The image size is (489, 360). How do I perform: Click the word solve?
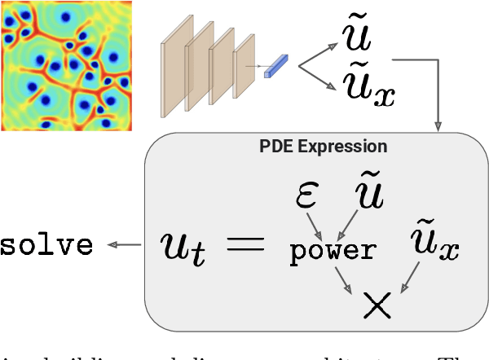46,245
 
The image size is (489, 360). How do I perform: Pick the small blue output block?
277,65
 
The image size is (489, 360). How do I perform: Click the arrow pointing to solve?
121,245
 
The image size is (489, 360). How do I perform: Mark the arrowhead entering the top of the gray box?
438,125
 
